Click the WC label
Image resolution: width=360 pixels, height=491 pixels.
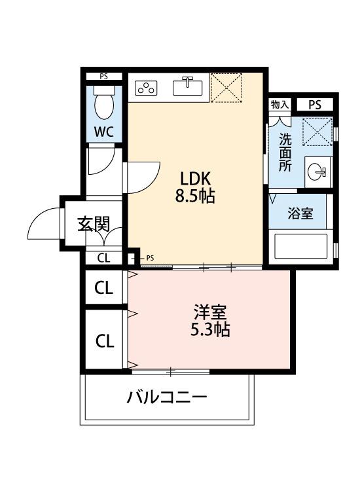point(103,131)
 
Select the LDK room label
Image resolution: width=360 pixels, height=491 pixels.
point(195,178)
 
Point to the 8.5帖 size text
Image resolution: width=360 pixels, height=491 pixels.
point(195,195)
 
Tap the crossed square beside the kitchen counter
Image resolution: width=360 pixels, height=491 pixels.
point(227,88)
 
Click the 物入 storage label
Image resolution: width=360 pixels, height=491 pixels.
point(279,105)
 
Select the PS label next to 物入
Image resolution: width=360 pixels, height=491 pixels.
point(315,105)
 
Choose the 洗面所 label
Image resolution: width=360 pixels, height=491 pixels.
point(285,153)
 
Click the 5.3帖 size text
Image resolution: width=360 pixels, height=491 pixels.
point(209,330)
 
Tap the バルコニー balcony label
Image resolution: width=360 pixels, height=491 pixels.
point(167,397)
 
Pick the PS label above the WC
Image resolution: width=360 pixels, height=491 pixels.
point(103,77)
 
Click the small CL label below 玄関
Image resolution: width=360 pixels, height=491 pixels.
point(103,258)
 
